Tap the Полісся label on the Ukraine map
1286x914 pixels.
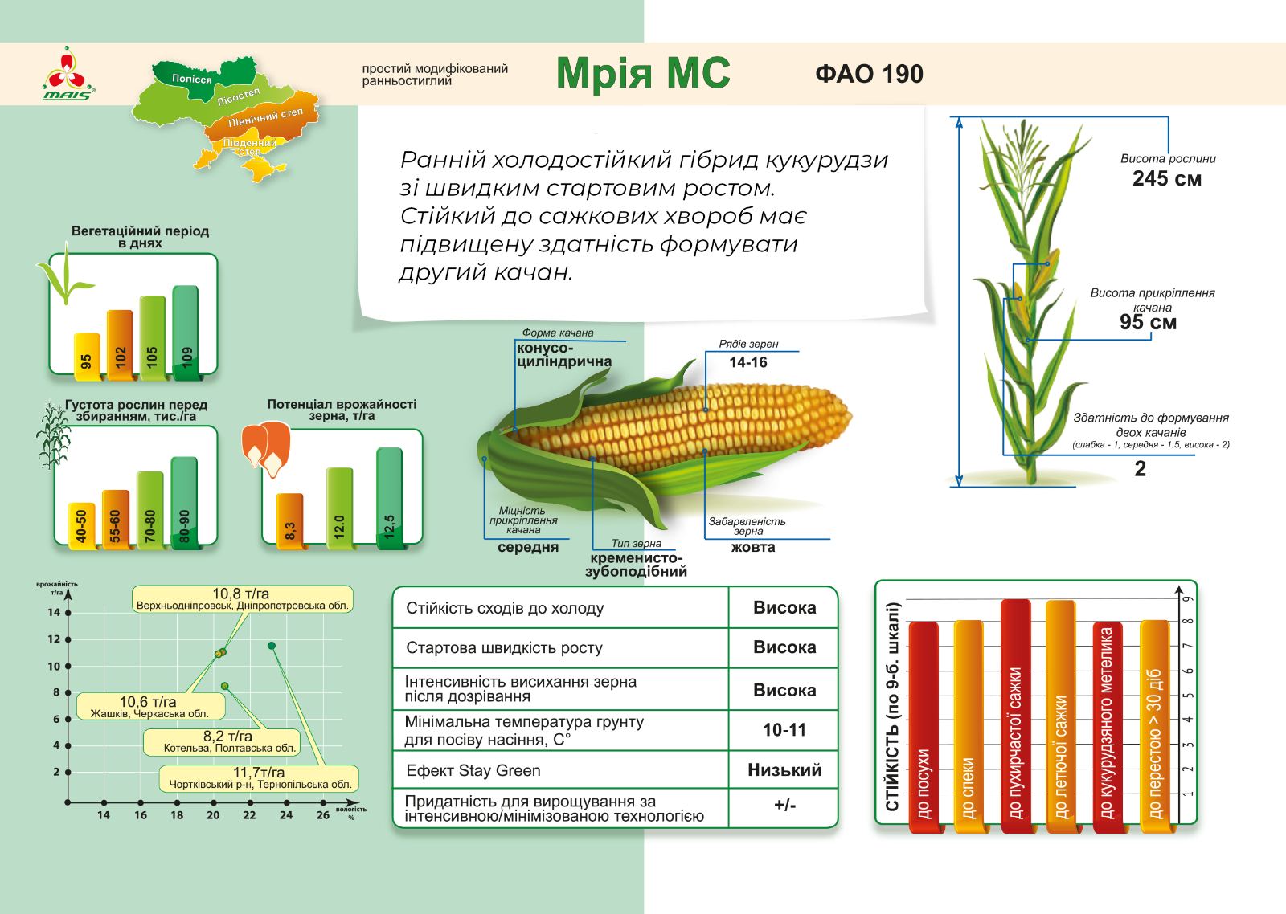tap(192, 79)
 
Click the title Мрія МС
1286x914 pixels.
tap(643, 73)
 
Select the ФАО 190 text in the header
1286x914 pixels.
tap(869, 74)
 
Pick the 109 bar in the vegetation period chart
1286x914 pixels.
tap(186, 333)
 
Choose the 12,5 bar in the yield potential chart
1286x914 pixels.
tap(389, 498)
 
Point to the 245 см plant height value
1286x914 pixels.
tap(1166, 178)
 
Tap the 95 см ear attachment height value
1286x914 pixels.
tap(1149, 322)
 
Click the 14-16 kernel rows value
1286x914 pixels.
tap(748, 362)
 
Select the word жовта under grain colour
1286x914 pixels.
tap(753, 547)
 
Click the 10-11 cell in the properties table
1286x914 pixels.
tap(784, 730)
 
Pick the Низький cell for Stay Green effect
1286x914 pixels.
tap(784, 769)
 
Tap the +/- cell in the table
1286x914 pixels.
tap(784, 806)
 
